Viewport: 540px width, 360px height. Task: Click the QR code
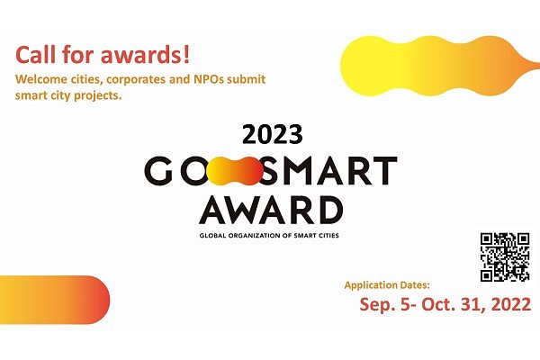click(x=505, y=257)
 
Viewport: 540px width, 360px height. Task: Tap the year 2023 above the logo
click(x=273, y=134)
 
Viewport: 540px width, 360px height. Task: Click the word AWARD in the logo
click(x=271, y=210)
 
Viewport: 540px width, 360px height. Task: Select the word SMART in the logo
click(x=328, y=170)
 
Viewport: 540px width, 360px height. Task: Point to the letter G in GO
click(x=158, y=170)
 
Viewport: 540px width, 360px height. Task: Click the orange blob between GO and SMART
click(x=235, y=170)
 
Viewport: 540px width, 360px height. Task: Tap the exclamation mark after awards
click(x=186, y=54)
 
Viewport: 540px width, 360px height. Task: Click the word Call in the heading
click(x=35, y=54)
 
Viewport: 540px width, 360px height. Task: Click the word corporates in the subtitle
click(x=136, y=80)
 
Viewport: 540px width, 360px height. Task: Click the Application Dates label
click(x=387, y=285)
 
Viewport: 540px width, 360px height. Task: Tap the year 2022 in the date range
click(x=511, y=304)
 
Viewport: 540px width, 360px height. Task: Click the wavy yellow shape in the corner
click(x=437, y=66)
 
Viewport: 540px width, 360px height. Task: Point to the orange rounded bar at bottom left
click(x=54, y=300)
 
